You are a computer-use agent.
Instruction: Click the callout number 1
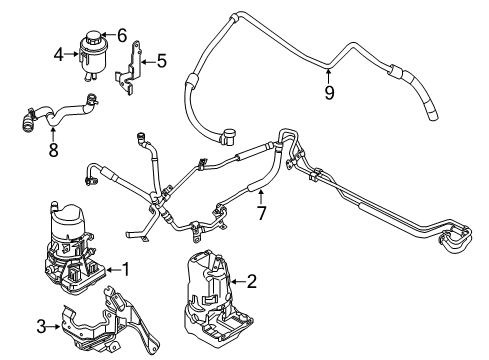point(126,268)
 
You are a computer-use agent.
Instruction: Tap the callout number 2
point(252,282)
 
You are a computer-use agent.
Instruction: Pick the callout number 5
point(161,61)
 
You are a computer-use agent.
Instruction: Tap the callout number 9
point(329,96)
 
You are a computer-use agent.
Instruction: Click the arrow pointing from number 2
point(238,282)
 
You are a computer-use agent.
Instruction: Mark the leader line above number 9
point(329,78)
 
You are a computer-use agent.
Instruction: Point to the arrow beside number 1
point(112,268)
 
